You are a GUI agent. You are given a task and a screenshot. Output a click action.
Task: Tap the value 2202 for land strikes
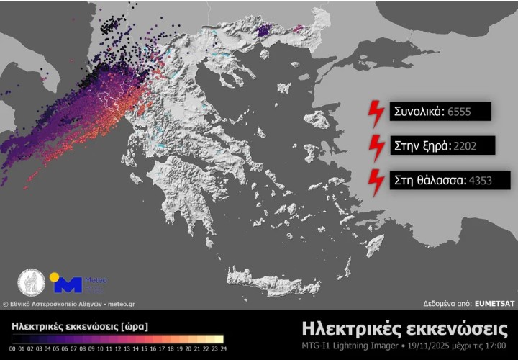[465, 146]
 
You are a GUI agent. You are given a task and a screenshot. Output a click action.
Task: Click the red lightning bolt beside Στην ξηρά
[376, 146]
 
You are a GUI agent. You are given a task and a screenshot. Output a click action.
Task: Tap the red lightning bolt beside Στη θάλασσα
[376, 181]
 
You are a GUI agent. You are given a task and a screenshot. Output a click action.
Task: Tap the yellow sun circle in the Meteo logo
[54, 277]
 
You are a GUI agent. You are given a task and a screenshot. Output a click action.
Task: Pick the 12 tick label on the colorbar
[119, 348]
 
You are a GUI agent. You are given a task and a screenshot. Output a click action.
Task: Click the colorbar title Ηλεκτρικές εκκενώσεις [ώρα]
[80, 326]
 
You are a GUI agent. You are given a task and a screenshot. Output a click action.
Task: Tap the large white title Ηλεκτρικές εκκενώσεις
[404, 329]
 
